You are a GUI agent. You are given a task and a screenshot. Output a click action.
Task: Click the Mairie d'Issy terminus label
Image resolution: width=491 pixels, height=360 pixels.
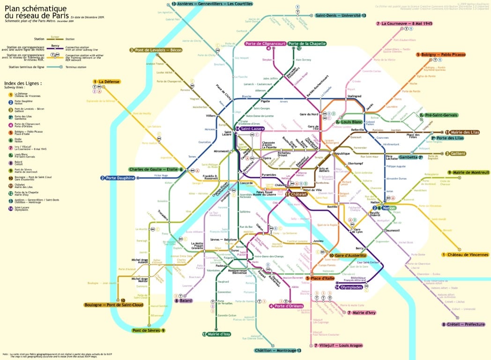pos(216,334)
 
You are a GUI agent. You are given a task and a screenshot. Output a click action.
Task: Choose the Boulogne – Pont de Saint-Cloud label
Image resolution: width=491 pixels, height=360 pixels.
pos(113,305)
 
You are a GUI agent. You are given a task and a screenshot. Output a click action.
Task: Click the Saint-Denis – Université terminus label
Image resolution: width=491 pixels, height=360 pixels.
pos(340,15)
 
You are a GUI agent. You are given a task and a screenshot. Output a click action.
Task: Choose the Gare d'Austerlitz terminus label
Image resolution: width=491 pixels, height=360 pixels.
pos(349,255)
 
